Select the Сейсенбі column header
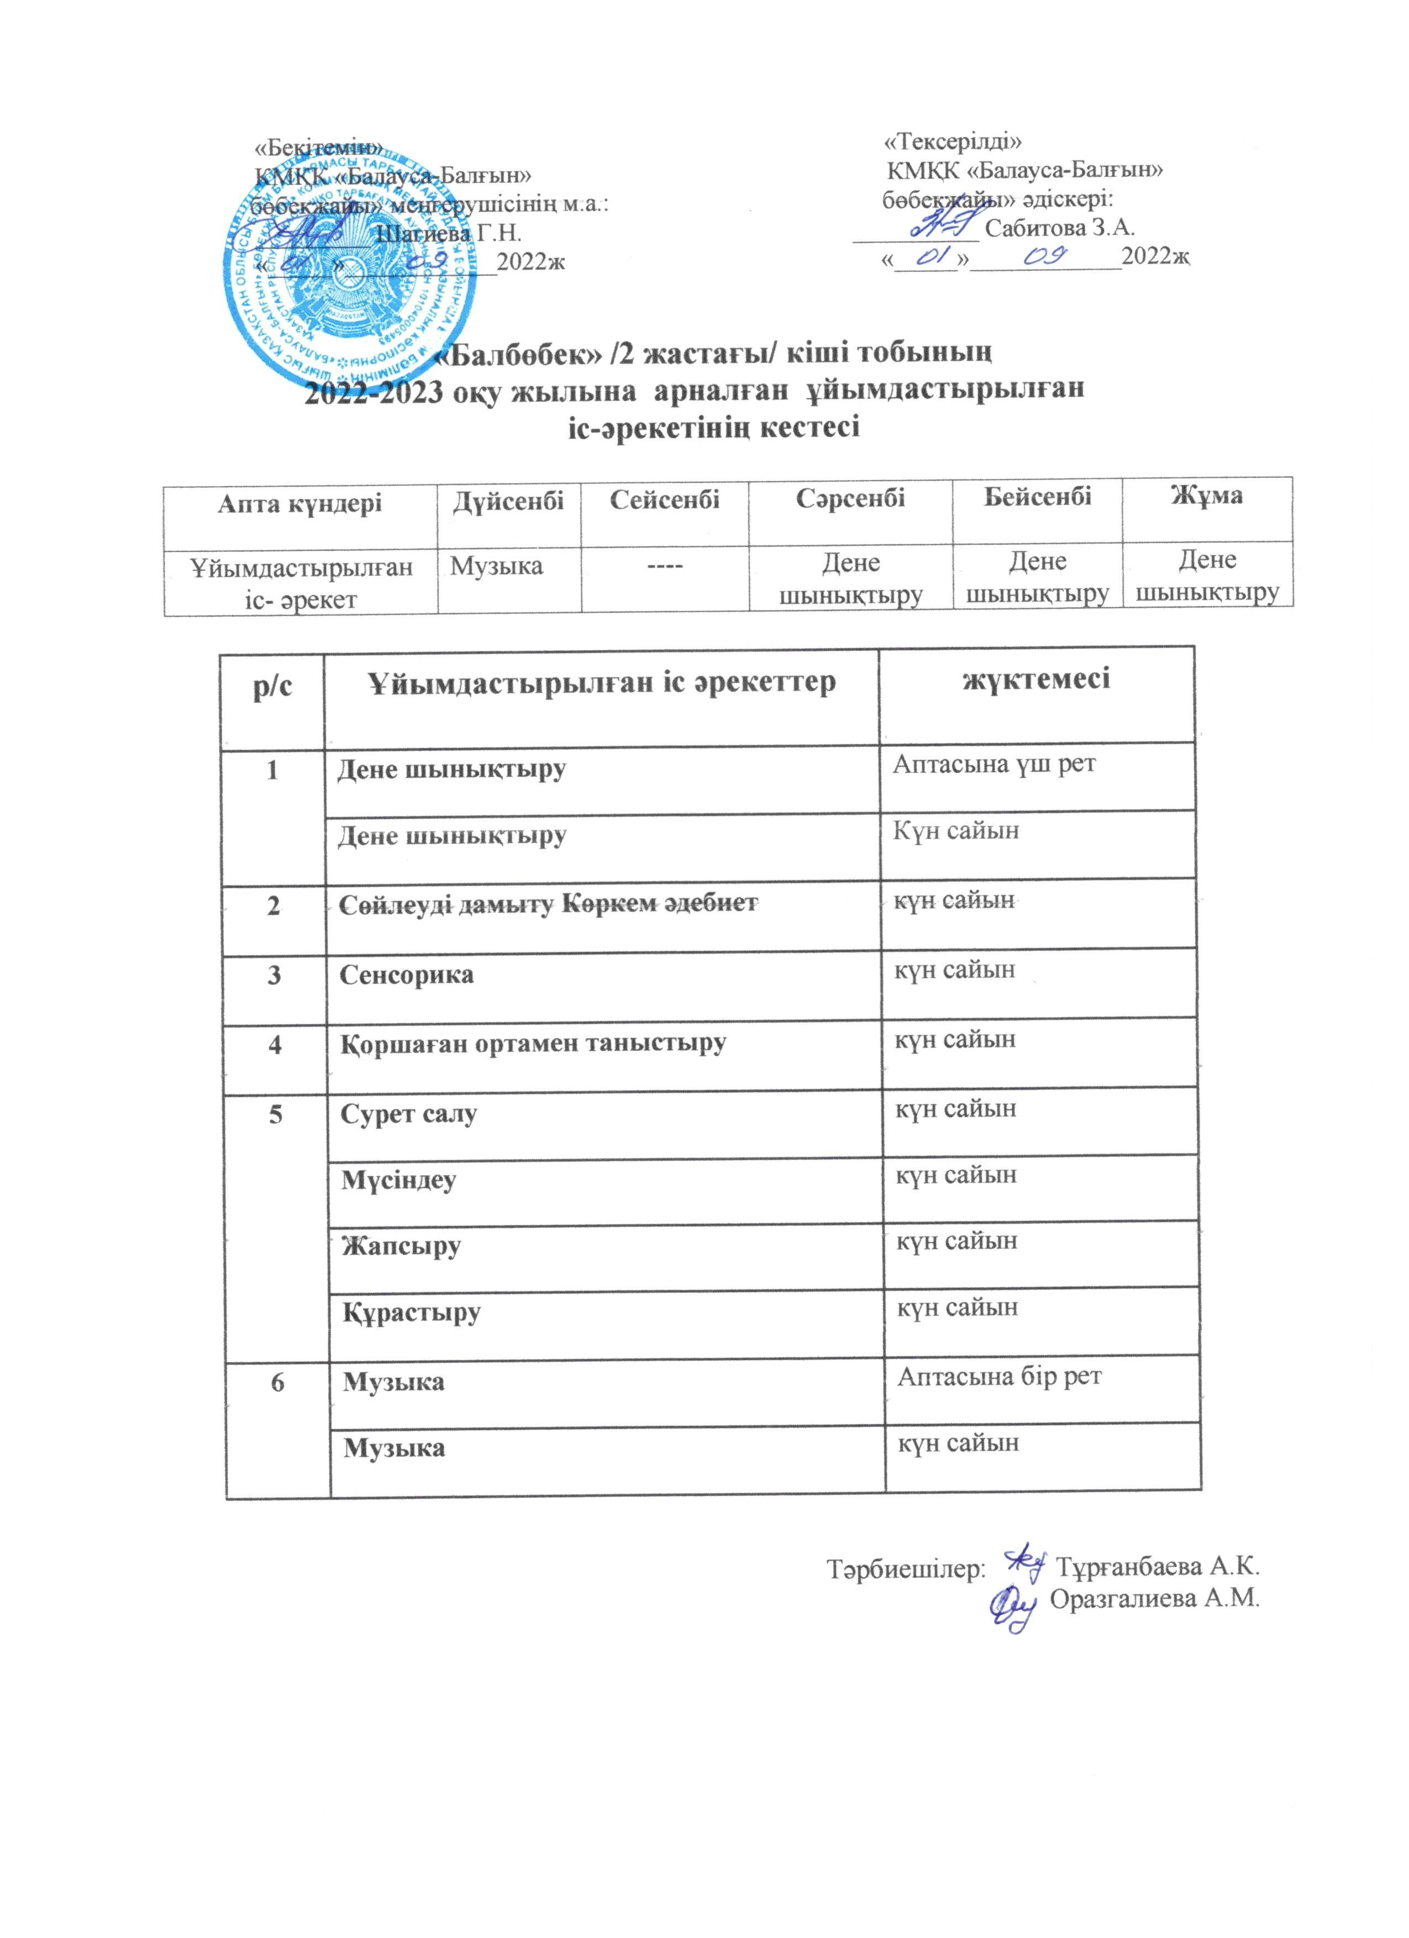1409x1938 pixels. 664,499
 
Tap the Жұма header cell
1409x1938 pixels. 1207,496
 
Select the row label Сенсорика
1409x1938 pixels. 406,975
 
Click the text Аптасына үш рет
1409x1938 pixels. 993,764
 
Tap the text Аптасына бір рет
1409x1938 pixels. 999,1377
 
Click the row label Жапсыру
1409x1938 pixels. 401,1247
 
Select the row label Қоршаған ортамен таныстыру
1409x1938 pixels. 532,1044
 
